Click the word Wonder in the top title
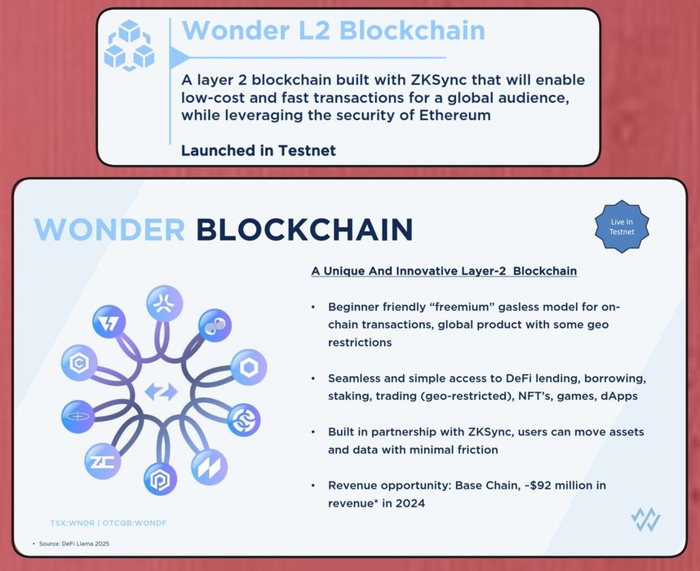pos(237,30)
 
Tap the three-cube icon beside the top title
pos(129,45)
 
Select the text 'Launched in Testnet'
pos(259,150)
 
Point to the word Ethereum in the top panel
pos(455,115)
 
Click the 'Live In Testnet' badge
pos(622,227)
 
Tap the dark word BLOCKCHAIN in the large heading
pos(304,229)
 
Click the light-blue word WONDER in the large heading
pos(109,229)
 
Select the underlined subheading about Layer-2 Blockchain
pos(444,271)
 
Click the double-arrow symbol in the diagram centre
pos(162,392)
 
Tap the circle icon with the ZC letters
pos(103,461)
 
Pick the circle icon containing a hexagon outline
pos(249,367)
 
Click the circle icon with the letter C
pos(79,362)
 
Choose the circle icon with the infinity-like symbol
pos(215,325)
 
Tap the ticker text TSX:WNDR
pos(73,523)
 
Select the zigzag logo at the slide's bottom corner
pos(645,520)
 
